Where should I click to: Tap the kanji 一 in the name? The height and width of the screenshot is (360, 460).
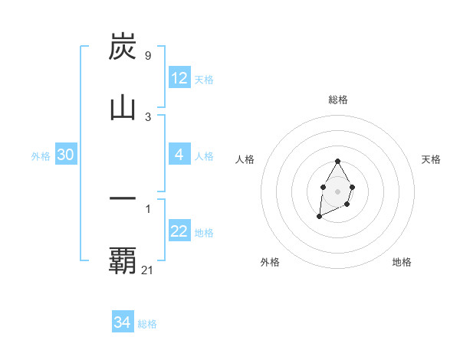coord(123,198)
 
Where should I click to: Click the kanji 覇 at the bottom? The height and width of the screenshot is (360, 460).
coord(123,260)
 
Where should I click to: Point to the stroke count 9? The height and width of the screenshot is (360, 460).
coord(147,55)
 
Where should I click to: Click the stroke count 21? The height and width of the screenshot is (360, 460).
coord(148,270)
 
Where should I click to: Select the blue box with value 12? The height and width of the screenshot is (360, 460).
coord(179,78)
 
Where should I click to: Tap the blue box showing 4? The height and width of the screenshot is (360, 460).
coord(179,155)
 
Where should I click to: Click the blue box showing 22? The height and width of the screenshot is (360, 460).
coord(179,231)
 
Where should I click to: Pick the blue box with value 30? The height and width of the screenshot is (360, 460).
coord(66,155)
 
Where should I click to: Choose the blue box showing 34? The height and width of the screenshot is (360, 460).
coord(123,322)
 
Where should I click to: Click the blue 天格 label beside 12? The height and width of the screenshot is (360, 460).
coord(204,80)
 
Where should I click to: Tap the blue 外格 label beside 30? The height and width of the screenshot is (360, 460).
coord(41,156)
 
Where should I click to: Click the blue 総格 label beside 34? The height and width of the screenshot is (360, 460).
coord(147,324)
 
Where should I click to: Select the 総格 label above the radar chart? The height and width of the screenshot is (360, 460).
coord(338,100)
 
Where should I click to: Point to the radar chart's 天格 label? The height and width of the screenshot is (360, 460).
coord(431,159)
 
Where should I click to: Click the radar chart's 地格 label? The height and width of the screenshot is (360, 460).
coord(402,262)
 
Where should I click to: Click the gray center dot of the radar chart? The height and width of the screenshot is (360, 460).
coord(337,190)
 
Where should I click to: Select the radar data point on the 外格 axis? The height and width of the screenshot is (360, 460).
coord(319,217)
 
